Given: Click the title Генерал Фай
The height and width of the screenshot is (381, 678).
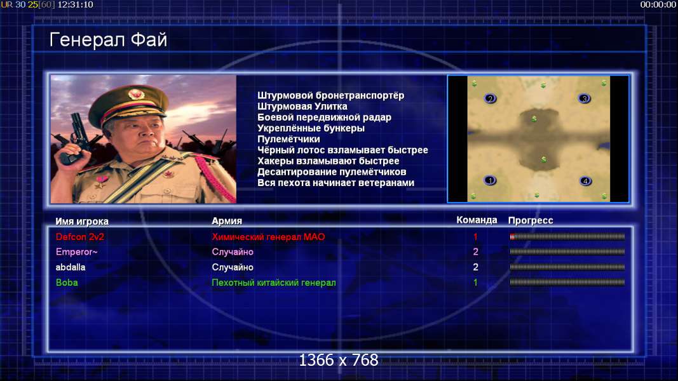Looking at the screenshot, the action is pos(108,40).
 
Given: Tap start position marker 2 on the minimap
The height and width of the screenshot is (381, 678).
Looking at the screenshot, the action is pos(490,98).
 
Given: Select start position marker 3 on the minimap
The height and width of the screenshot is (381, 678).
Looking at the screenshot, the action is pos(584,98).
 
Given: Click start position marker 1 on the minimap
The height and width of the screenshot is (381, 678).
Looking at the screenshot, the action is pos(490,180).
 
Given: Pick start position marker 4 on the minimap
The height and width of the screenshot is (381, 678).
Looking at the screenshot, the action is pos(585,181).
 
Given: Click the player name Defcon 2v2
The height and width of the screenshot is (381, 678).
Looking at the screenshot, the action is pos(80,237).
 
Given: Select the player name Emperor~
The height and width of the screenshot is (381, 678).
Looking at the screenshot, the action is pos(76,252).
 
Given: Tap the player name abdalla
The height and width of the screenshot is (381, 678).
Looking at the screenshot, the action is pos(71,267).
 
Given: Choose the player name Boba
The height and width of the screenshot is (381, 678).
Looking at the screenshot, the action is pos(67,283).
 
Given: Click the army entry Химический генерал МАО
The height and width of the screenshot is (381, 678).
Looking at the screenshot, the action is pos(268,237).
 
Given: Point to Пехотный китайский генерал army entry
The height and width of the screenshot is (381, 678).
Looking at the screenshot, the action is pos(274,283).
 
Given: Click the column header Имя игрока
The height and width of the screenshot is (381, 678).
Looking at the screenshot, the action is pos(82,221).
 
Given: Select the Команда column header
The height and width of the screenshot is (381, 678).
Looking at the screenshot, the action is pos(477,220).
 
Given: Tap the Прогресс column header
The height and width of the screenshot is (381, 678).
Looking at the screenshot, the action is pos(531,220).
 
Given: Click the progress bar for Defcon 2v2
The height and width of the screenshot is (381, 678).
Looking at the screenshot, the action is pos(567,237).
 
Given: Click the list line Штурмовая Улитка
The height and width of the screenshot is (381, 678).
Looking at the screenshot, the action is pos(302,106).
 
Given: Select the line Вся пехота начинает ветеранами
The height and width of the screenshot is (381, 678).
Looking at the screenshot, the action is pos(336,183).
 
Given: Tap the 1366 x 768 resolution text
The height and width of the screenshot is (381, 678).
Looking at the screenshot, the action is pos(339,360).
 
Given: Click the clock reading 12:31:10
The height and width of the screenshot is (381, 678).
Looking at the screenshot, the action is pos(75,4).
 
